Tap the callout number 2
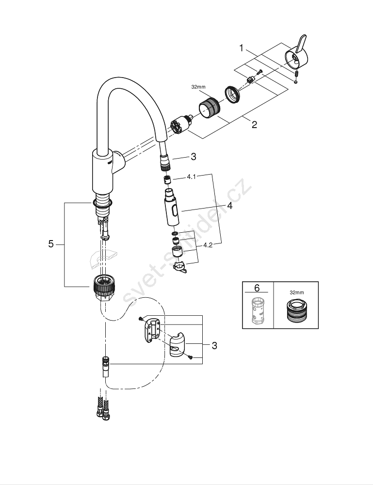(254, 125)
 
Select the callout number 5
(51, 244)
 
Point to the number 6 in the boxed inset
(257, 288)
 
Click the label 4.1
(191, 178)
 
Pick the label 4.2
(208, 245)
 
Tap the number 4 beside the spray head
(229, 206)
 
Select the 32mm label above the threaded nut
(198, 87)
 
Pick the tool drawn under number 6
(257, 310)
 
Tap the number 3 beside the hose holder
(214, 346)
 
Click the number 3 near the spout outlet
(193, 156)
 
